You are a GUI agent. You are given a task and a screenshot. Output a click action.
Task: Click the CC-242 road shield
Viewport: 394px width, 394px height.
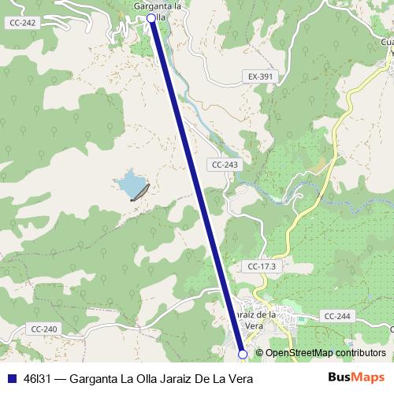pyautogui.click(x=22, y=23)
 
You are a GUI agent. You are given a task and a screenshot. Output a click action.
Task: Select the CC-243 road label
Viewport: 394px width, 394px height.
pyautogui.click(x=225, y=165)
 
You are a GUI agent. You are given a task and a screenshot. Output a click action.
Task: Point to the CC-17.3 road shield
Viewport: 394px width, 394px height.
pyautogui.click(x=262, y=266)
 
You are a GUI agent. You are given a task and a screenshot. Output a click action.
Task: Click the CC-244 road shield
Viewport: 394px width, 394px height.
pyautogui.click(x=336, y=316)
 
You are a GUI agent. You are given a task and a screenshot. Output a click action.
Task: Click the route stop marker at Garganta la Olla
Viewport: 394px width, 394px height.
pyautogui.click(x=151, y=17)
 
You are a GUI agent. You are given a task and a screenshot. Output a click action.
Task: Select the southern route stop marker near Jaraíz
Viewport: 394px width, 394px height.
pyautogui.click(x=243, y=355)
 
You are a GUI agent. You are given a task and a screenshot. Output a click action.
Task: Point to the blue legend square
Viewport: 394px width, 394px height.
pyautogui.click(x=11, y=379)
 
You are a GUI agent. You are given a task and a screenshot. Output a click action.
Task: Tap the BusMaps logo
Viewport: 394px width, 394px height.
pyautogui.click(x=356, y=378)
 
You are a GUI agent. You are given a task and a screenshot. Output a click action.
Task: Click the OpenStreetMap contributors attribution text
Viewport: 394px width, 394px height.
pyautogui.click(x=325, y=353)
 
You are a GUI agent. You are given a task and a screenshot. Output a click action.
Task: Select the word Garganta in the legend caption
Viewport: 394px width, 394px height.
pyautogui.click(x=94, y=379)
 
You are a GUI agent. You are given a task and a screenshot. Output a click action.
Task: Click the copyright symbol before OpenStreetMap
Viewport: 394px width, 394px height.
pyautogui.click(x=260, y=353)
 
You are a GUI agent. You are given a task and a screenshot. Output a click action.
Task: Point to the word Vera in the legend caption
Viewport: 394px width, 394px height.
pyautogui.click(x=239, y=379)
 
